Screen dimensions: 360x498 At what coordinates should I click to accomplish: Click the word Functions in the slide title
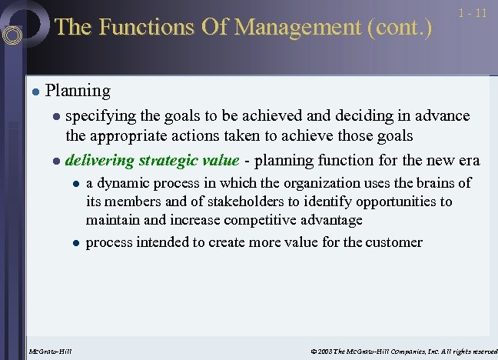click(134, 28)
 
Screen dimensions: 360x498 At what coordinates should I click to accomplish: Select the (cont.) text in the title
click(400, 28)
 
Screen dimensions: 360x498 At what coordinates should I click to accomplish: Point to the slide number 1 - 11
click(471, 13)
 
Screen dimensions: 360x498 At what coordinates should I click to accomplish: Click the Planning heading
click(78, 91)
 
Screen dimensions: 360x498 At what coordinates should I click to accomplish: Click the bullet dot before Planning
click(35, 92)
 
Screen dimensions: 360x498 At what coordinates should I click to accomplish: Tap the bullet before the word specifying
click(55, 117)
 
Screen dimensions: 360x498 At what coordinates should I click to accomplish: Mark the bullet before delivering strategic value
click(55, 162)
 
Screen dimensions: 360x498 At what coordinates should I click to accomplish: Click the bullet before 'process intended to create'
click(75, 243)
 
